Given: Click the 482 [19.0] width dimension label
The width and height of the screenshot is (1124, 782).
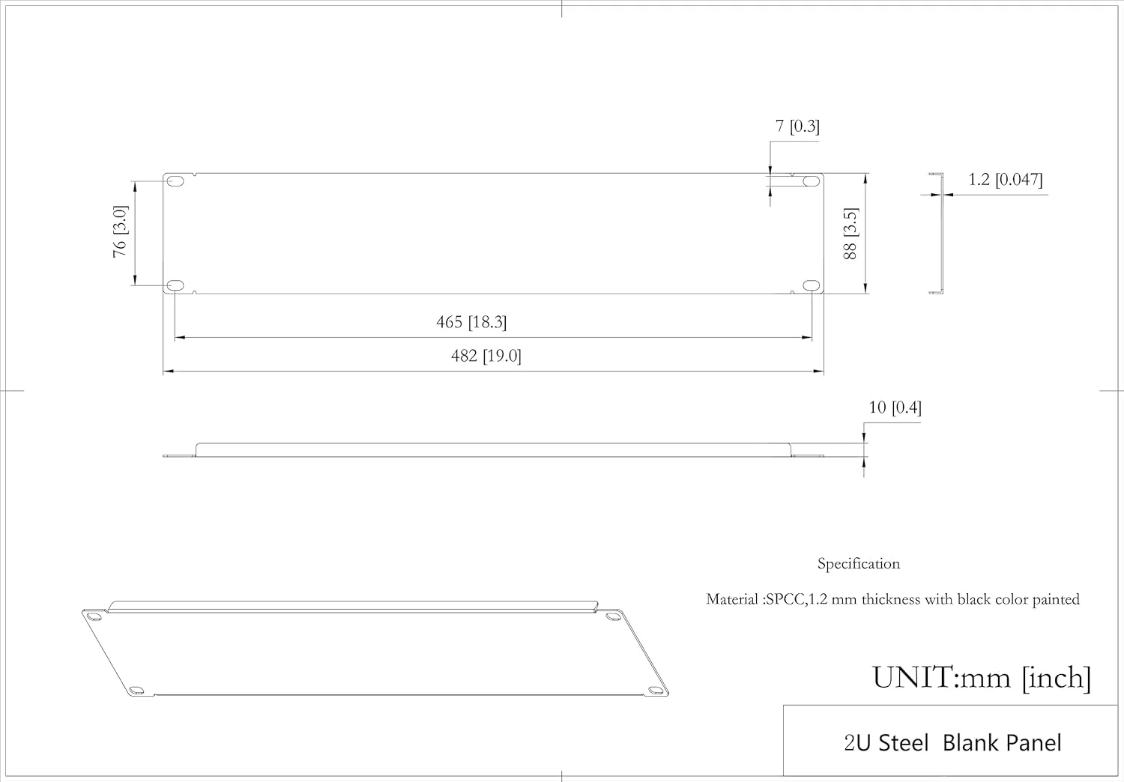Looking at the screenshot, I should (x=486, y=356).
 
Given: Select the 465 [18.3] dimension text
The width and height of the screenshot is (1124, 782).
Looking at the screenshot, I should (x=471, y=322).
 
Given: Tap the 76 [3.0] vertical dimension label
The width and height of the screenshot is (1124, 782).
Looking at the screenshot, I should (x=121, y=231).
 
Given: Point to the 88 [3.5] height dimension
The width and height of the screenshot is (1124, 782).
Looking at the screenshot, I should (x=850, y=234).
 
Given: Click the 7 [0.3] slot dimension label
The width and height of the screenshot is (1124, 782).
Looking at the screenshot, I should (x=797, y=126).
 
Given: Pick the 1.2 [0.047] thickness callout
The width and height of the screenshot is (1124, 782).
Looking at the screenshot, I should (x=1005, y=180).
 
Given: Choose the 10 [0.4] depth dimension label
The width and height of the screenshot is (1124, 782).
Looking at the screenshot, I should (x=895, y=407).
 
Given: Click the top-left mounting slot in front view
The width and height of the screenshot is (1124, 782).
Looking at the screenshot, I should (x=175, y=181).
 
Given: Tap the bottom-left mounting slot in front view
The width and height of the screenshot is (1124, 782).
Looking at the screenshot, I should (x=175, y=285).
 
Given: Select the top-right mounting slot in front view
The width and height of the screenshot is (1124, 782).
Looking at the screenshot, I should (x=811, y=181).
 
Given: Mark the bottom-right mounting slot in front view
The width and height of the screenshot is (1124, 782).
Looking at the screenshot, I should (x=811, y=285).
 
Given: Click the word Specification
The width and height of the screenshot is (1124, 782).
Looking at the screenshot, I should (x=859, y=564).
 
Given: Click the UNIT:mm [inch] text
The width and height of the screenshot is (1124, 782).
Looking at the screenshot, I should (x=982, y=678).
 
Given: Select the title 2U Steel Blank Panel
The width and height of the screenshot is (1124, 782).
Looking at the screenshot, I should (x=953, y=743).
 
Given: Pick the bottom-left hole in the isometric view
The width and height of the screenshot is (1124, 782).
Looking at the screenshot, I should (x=135, y=691).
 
